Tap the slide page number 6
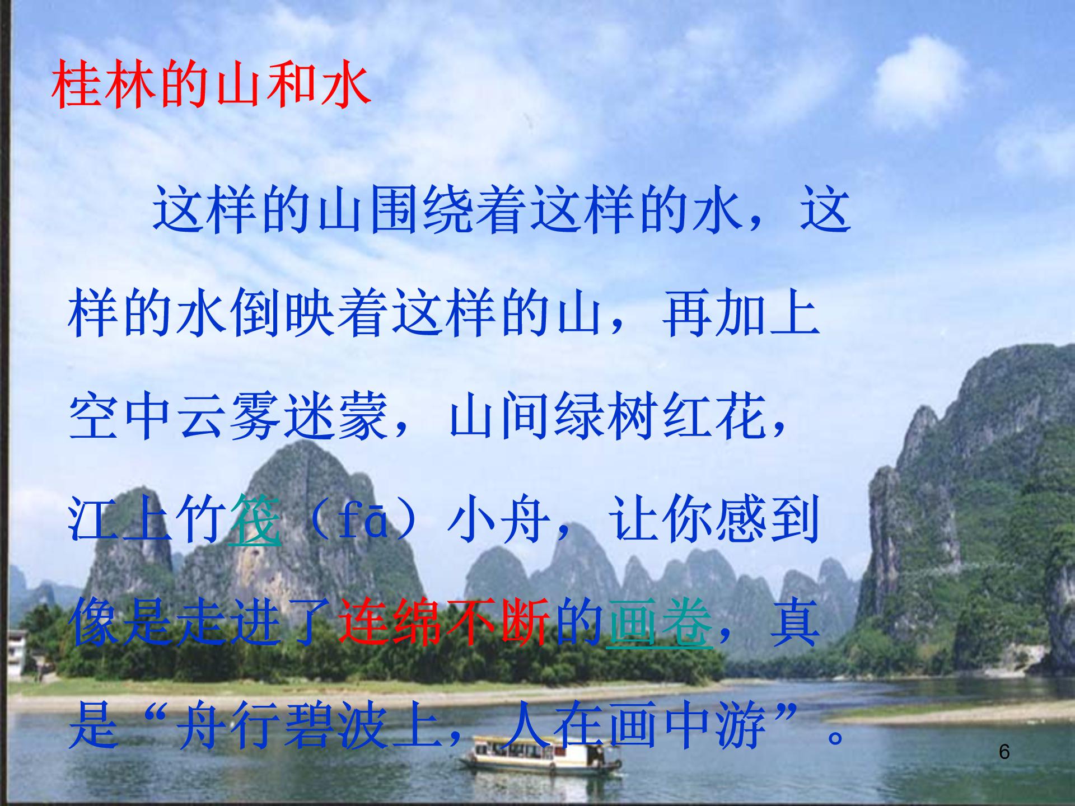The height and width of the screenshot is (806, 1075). (1004, 752)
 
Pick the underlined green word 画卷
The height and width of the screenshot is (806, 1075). (659, 623)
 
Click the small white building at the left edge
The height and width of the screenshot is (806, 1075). (17, 652)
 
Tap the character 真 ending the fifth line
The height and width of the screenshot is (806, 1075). (794, 623)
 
